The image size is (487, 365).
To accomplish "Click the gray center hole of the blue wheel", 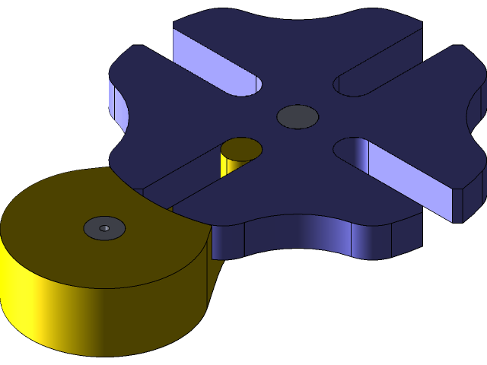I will point(298,116).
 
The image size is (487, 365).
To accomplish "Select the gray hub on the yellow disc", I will point(104,227).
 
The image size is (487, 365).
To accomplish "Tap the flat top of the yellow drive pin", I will point(242,148).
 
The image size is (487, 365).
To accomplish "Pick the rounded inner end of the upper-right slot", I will point(345,84).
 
